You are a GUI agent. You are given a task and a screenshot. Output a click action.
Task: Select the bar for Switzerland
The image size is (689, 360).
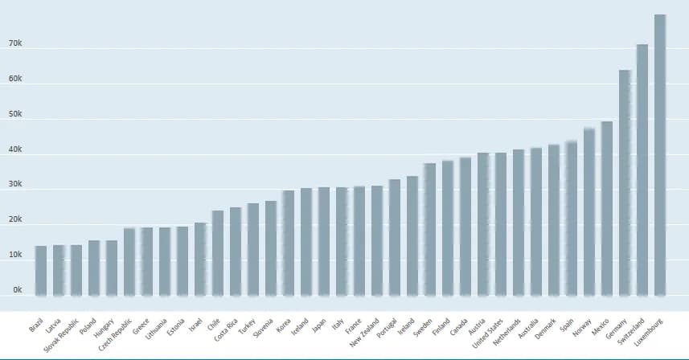[x=642, y=170]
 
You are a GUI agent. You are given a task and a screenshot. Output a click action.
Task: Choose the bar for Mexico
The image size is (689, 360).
[x=607, y=208]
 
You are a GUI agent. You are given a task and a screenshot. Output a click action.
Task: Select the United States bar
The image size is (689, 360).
[x=501, y=224]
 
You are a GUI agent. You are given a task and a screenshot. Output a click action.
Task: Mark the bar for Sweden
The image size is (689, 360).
[x=430, y=229]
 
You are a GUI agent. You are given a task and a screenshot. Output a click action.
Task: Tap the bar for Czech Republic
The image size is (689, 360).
[x=129, y=262]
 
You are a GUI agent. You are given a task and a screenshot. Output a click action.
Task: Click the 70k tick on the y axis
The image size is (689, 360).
[x=14, y=44]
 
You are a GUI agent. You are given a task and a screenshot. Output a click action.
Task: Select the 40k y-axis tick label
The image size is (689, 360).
[x=14, y=149]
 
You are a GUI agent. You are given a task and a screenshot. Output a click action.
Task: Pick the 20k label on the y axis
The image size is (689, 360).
[x=14, y=219]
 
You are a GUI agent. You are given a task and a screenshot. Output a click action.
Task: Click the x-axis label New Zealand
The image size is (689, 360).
[x=366, y=330]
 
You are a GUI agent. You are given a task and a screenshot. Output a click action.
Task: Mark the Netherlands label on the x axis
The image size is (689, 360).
[x=507, y=329]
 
